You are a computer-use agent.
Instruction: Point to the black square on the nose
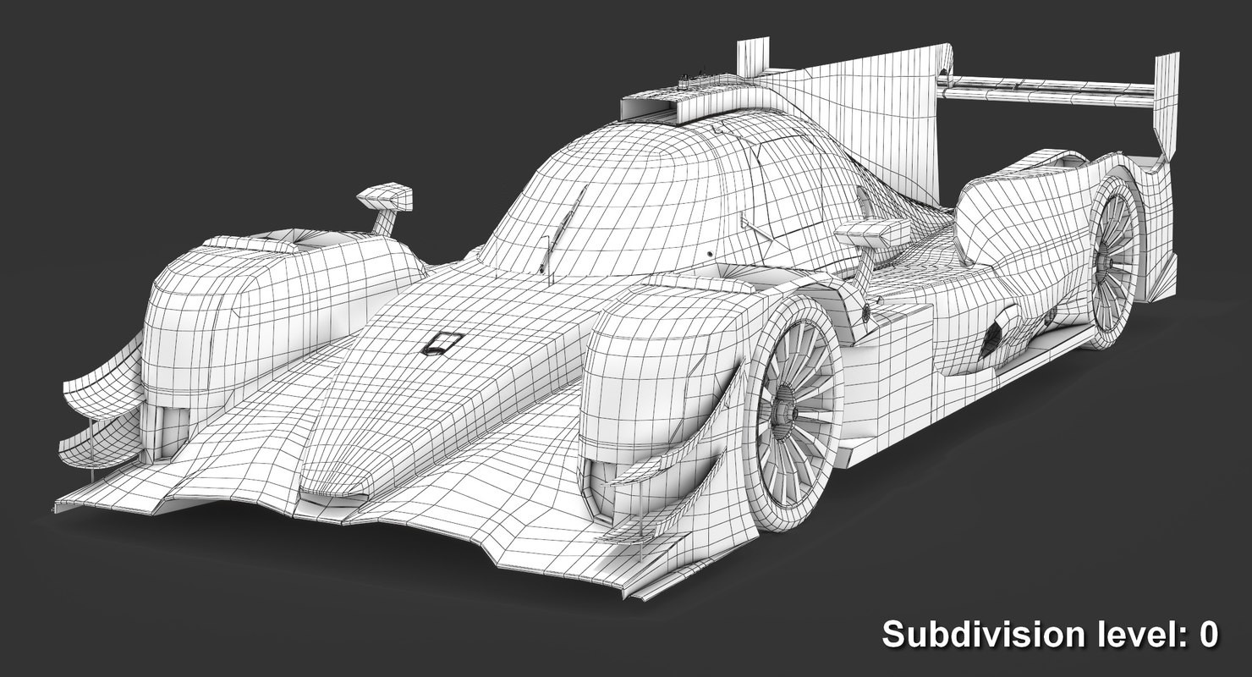[442, 343]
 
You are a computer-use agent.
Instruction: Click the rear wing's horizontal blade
[1049, 88]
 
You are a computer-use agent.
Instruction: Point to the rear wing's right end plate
[1166, 102]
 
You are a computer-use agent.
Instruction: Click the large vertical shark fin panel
[880, 118]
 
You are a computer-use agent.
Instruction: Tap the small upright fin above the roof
[751, 58]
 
